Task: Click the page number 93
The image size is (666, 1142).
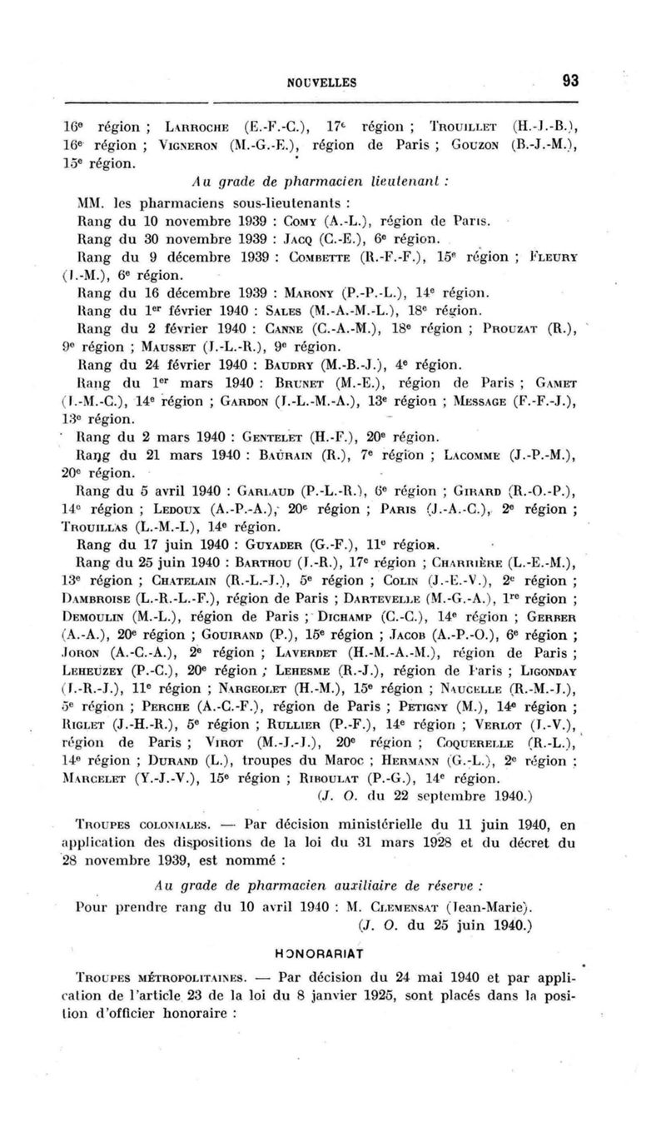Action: pyautogui.click(x=570, y=81)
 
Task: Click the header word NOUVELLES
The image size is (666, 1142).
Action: pyautogui.click(x=322, y=82)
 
